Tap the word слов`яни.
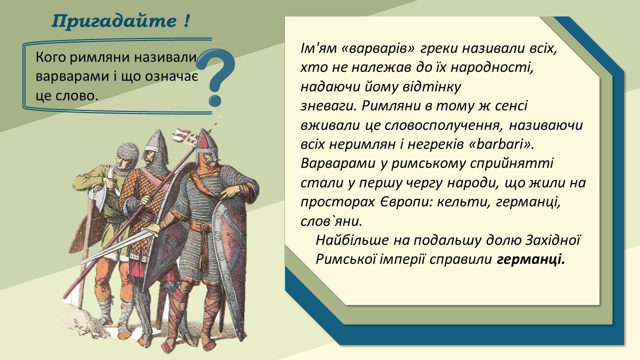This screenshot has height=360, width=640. point(331,221)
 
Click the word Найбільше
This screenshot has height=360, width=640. point(352,240)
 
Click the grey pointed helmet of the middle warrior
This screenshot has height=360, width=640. point(155,141)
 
